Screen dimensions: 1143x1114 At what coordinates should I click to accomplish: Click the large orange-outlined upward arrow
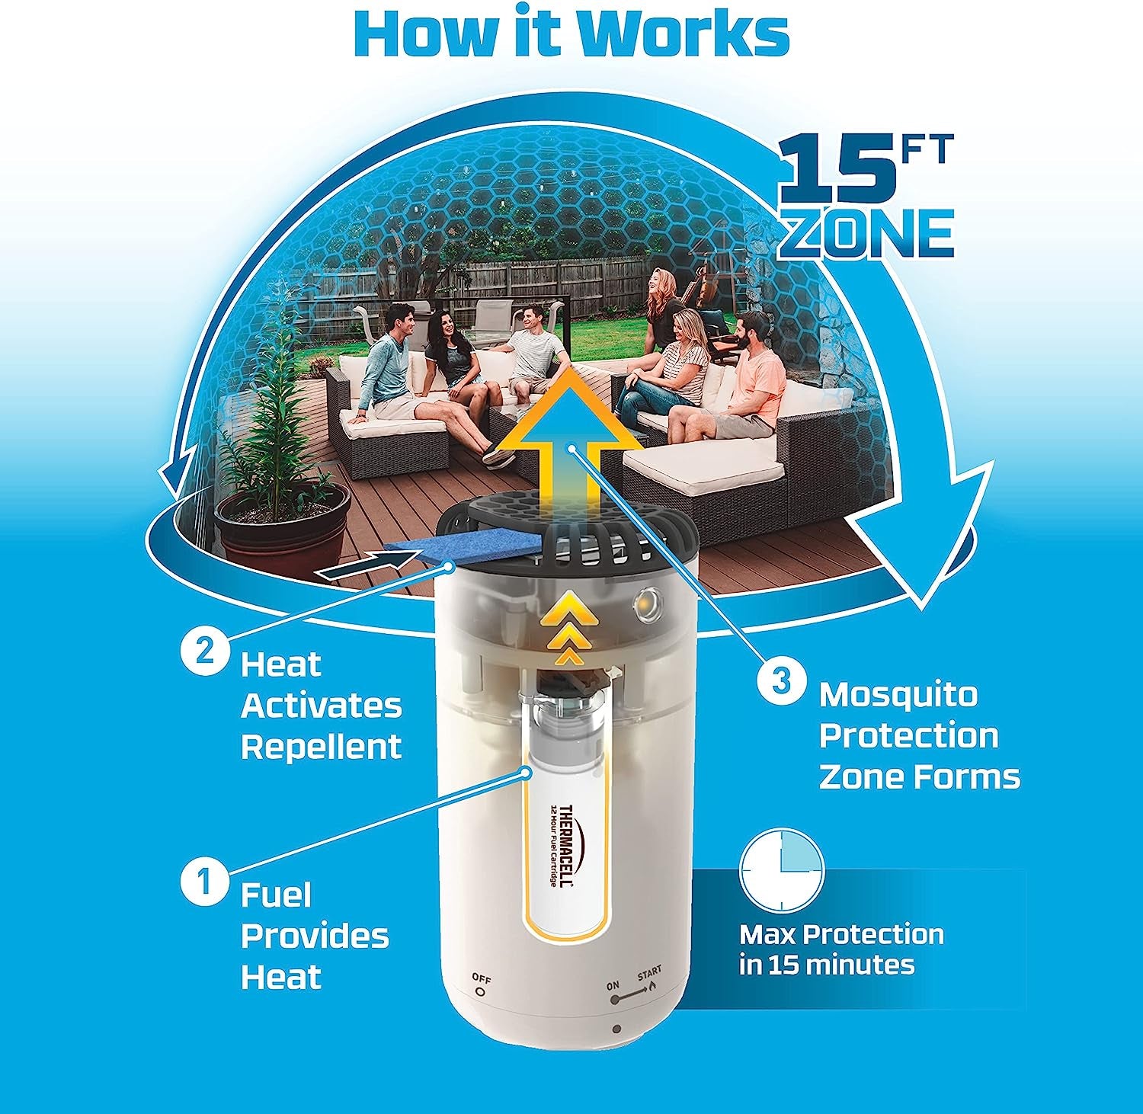click(568, 450)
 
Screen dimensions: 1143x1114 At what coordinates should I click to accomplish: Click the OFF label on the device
click(481, 978)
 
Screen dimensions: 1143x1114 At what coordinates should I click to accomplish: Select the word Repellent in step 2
click(321, 746)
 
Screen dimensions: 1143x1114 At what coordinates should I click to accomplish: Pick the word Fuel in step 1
click(277, 895)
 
